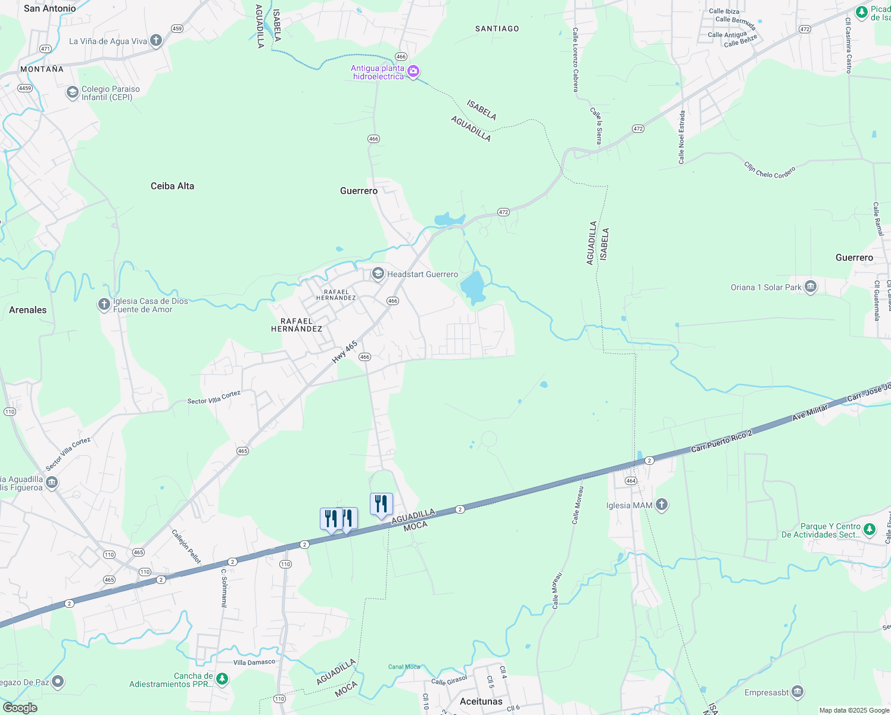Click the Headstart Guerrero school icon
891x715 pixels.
378,274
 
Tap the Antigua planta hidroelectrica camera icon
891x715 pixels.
413,72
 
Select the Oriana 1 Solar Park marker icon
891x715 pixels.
811,287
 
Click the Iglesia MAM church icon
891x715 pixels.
662,505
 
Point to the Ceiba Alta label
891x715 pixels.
172,186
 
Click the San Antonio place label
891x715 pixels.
49,8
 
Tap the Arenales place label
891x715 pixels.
27,310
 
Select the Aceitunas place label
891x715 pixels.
481,701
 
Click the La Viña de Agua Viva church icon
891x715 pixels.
156,41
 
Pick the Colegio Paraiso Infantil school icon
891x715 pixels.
73,93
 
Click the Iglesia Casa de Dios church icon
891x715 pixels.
104,305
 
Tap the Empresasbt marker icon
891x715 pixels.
797,692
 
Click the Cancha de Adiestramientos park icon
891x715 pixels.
222,679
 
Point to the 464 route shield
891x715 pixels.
631,481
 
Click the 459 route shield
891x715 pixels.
177,29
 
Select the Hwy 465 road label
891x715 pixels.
345,352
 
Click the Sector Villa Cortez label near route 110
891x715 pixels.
68,454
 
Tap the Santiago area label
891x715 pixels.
497,29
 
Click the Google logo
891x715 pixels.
20,708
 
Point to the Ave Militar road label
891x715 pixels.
810,412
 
